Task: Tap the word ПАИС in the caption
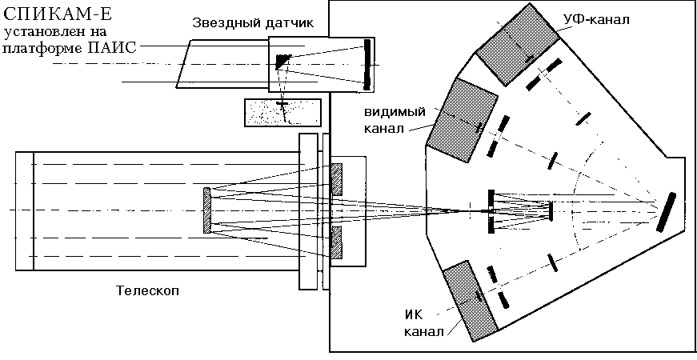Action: (116, 48)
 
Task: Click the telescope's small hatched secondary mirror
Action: (208, 210)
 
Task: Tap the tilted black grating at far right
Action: (665, 212)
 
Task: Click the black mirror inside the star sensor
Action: (367, 64)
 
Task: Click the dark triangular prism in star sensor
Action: (282, 60)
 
